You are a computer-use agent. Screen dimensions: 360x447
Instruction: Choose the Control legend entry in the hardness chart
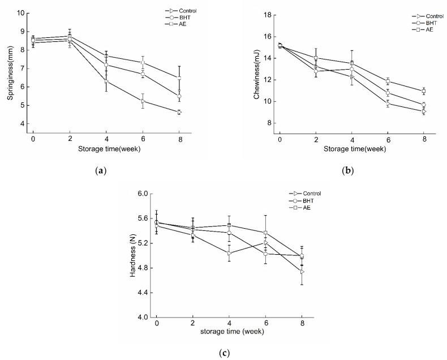coord(300,194)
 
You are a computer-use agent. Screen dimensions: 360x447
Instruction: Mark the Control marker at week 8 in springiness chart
coord(180,112)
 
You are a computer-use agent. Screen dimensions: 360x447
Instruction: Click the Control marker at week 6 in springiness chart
coord(143,101)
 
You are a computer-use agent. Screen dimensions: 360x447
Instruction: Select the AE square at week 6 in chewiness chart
coord(388,82)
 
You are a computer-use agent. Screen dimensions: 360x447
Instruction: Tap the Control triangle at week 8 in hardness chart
coord(302,272)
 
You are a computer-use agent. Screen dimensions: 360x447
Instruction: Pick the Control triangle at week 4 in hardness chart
coord(229,253)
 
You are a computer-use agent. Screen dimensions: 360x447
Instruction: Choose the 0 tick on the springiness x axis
coord(33,139)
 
